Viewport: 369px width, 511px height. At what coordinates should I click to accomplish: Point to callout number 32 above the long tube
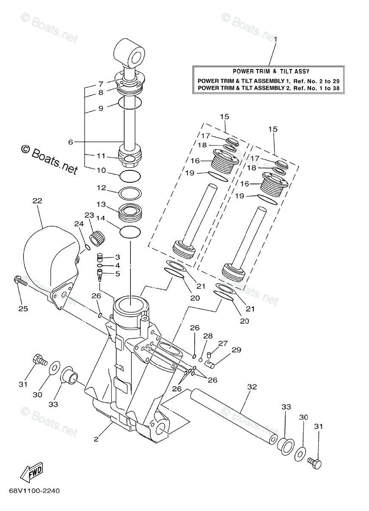[252, 387]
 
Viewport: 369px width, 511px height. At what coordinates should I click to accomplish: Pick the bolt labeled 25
[20, 281]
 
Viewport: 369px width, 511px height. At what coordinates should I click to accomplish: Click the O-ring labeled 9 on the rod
[130, 102]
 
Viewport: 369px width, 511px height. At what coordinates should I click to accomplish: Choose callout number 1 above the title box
[275, 39]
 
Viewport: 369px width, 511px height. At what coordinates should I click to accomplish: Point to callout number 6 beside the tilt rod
[71, 142]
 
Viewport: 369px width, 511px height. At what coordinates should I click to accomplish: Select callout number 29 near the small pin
[236, 350]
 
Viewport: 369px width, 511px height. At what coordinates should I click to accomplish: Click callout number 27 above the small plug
[223, 343]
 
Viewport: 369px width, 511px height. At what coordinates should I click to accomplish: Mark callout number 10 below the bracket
[101, 170]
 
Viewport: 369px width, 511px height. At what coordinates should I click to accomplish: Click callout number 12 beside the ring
[101, 188]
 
